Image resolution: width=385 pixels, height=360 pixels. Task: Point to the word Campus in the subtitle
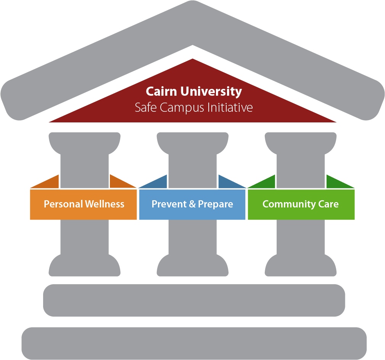coord(182,108)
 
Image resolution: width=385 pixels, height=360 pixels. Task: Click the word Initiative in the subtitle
coord(230,108)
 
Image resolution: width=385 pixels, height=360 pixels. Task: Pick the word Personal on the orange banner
coord(63,204)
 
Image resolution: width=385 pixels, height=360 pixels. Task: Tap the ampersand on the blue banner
coord(192,204)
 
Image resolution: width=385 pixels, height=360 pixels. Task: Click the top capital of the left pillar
coord(84,143)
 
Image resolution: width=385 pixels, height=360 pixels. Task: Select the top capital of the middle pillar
coord(192,143)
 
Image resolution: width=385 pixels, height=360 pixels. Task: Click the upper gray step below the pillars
coord(194,300)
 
